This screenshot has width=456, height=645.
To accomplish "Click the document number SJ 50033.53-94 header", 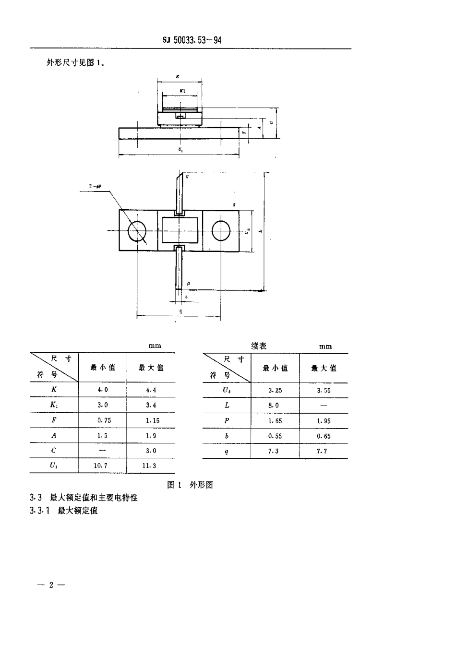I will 192,40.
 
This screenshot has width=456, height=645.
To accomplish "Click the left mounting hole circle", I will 139,231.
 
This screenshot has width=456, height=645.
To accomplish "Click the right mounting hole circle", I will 222,231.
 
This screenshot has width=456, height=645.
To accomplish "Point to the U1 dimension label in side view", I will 180,150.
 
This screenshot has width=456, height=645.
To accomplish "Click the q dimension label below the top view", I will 180,311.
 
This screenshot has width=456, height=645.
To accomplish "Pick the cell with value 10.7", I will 102,466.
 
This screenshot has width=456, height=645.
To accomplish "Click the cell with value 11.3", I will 151,466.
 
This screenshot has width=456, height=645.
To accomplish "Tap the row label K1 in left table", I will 54,405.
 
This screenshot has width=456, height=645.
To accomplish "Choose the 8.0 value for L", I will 274,406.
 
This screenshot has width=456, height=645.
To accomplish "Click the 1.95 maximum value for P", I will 324,421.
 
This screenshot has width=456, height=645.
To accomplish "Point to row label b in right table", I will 227,436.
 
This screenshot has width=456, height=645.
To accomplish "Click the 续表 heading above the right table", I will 259,346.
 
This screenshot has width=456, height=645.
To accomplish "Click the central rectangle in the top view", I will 180,231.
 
